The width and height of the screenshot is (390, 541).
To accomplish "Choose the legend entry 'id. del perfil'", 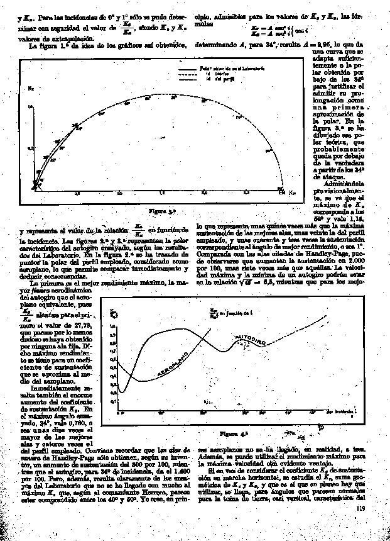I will (x=214, y=78).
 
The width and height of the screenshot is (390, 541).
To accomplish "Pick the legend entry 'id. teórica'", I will (x=212, y=73).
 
